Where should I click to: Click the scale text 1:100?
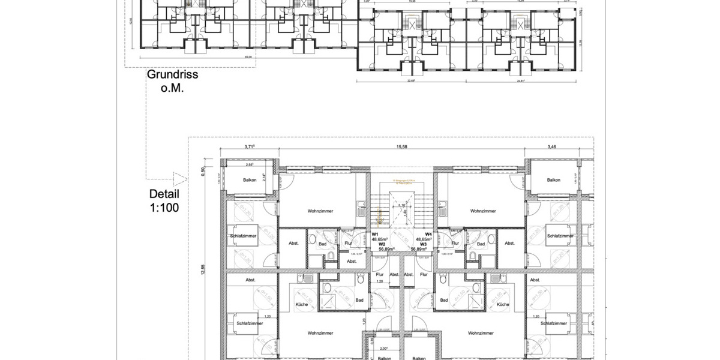click(164, 207)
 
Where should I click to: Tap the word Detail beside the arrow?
click(164, 194)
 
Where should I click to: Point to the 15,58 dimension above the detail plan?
click(403, 146)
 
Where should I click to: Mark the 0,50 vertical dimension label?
click(203, 170)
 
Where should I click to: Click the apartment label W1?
click(374, 234)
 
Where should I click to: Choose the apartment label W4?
click(428, 234)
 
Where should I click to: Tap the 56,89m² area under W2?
click(386, 249)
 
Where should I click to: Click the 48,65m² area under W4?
click(424, 239)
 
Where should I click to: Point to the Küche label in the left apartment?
click(302, 305)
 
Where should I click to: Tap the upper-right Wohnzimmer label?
click(485, 211)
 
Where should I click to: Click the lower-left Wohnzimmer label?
click(320, 332)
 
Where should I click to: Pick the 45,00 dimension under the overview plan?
click(247, 57)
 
